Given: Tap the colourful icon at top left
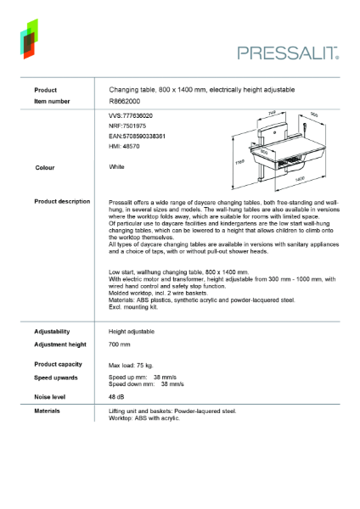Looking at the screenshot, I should point(30,39).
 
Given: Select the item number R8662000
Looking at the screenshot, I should point(125,100).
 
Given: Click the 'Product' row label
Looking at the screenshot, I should point(46,89).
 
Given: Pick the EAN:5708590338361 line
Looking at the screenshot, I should point(137,136).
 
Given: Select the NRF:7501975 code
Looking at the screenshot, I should point(127,126).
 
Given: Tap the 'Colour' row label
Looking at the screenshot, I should point(46,167).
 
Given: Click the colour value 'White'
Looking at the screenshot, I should point(117,167).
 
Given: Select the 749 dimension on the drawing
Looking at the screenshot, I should point(273,112).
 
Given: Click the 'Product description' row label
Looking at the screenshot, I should point(62,201).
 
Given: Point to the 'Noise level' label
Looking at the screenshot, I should point(53,396).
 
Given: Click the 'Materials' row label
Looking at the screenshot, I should point(48,411).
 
